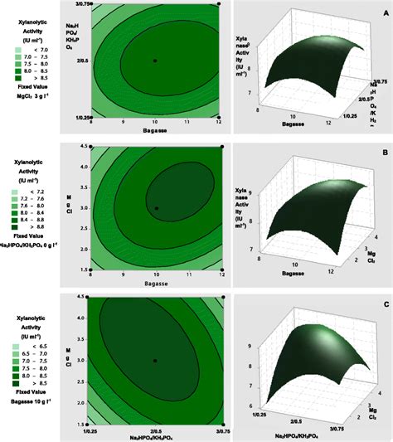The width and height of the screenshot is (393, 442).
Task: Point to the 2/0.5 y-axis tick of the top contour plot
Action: pos(80,61)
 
